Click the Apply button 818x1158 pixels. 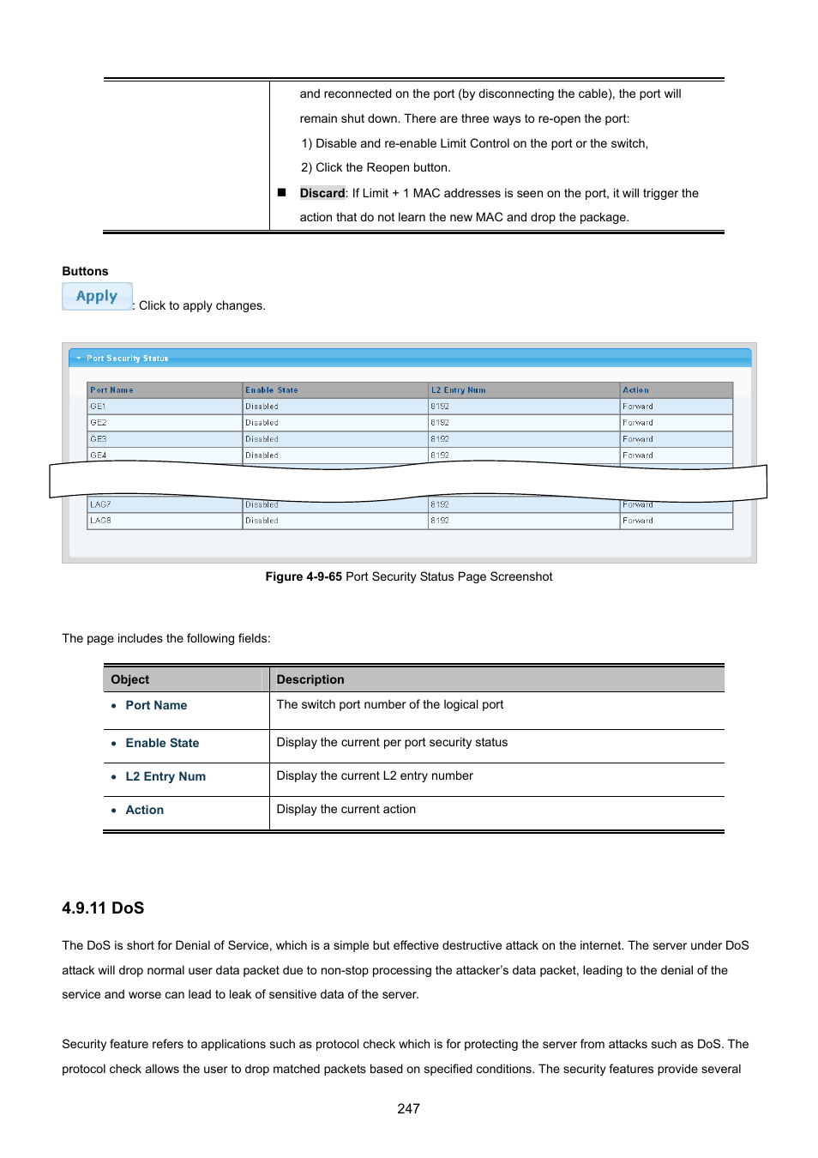tap(97, 296)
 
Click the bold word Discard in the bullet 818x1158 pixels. tap(322, 193)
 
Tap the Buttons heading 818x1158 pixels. tap(85, 271)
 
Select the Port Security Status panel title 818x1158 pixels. tap(127, 359)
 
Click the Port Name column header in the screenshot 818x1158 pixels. tap(111, 390)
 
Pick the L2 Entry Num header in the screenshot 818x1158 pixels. tap(458, 390)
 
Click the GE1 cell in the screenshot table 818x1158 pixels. tap(98, 407)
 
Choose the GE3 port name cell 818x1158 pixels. tap(99, 439)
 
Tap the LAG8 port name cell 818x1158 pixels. tap(100, 521)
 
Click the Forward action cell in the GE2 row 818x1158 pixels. tap(637, 423)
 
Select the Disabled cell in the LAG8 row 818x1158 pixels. tap(262, 521)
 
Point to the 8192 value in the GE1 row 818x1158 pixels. tap(439, 407)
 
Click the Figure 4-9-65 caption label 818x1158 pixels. tap(304, 576)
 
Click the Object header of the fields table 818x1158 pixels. tap(130, 679)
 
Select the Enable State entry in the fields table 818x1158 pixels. tap(162, 743)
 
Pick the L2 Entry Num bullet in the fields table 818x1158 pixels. tap(165, 776)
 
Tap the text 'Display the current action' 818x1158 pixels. tap(346, 809)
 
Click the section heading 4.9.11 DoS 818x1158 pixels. tap(103, 908)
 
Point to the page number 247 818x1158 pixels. tap(408, 1108)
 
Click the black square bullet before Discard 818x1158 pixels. tap(281, 193)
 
